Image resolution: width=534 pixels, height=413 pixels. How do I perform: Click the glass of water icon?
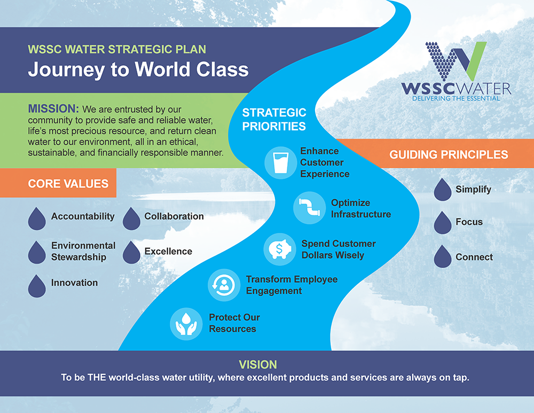point(281,163)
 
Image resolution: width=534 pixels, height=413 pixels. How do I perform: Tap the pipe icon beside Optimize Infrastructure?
point(310,208)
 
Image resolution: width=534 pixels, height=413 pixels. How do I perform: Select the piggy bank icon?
point(280,250)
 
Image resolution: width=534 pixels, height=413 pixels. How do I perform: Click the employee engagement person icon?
point(224,285)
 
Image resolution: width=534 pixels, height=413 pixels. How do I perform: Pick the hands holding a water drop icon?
point(186,324)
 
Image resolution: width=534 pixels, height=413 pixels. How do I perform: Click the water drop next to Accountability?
point(37,219)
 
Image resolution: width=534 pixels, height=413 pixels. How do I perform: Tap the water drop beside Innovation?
point(37,286)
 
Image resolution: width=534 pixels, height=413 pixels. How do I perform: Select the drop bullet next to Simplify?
point(443,190)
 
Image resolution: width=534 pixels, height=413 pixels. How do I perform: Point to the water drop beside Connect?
point(443,256)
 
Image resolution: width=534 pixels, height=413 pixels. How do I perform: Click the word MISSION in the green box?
point(53,108)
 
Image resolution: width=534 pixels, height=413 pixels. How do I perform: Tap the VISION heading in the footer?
point(258,364)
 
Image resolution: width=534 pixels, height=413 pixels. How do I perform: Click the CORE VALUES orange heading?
point(68,184)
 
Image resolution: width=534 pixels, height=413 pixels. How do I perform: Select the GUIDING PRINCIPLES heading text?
point(449,154)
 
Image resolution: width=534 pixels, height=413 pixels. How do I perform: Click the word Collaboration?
point(174,216)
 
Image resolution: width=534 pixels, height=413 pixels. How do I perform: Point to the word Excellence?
point(168,251)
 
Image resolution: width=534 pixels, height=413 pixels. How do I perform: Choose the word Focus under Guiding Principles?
point(469,222)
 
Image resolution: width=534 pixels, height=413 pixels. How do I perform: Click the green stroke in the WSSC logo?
point(475,61)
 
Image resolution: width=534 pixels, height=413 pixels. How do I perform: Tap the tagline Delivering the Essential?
point(456,98)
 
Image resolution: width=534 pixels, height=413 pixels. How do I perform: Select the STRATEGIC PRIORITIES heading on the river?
point(274,119)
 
